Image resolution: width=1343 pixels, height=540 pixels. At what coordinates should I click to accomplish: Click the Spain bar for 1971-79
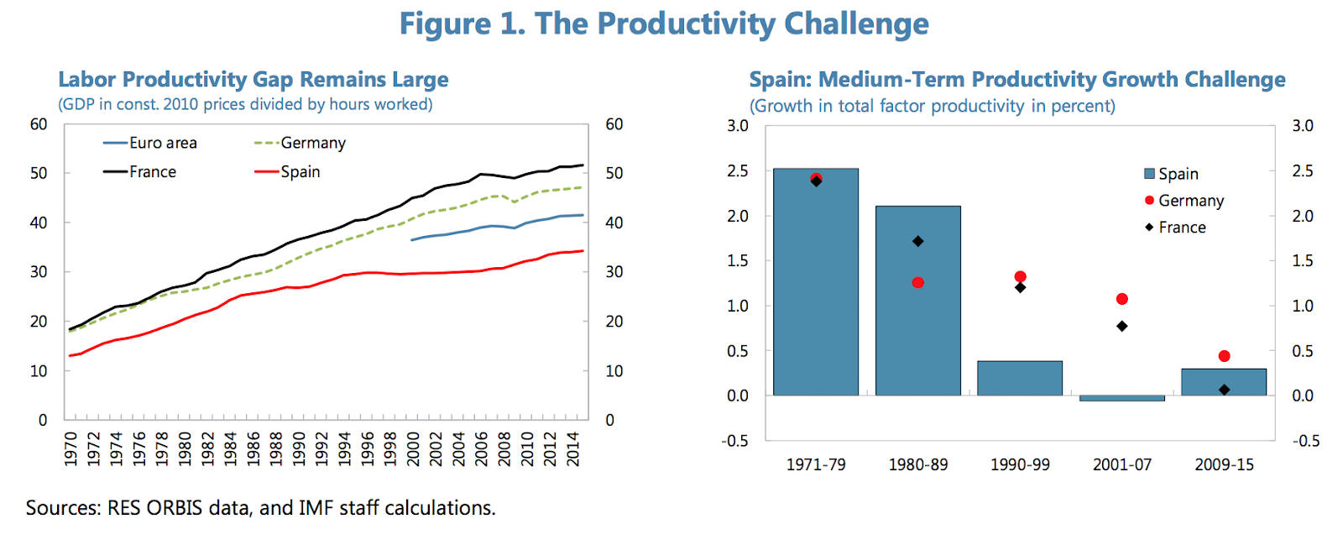coord(815,282)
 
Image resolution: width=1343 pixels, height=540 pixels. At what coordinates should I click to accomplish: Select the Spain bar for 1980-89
coord(917,301)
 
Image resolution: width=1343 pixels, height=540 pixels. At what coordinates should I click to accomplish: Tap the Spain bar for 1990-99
coord(1019,378)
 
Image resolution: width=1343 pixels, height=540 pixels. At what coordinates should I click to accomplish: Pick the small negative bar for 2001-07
coord(1121,398)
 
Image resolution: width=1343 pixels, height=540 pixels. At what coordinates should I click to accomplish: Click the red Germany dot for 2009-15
coord(1224,356)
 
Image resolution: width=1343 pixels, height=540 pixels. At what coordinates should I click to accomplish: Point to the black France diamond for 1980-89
coord(917,241)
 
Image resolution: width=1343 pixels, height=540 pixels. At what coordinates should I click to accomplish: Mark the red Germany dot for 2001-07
coord(1121,299)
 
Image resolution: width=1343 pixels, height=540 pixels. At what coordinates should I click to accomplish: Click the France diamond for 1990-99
coord(1020,287)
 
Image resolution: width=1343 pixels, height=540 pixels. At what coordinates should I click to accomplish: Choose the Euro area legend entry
coord(150,143)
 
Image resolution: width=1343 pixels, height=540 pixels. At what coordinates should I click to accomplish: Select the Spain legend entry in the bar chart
coord(1171,174)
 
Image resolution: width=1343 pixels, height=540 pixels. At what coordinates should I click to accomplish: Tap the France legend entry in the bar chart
coord(1175,228)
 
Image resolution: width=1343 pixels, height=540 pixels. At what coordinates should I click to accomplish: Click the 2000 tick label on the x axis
coord(413,449)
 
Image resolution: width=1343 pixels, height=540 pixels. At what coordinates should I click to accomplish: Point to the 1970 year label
coord(71,449)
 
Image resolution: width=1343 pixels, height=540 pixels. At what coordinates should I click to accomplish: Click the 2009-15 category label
coord(1224,464)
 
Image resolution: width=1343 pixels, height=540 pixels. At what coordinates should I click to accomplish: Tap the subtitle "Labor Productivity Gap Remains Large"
coord(253,80)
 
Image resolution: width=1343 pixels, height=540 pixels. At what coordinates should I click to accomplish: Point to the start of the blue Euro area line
coord(410,240)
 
